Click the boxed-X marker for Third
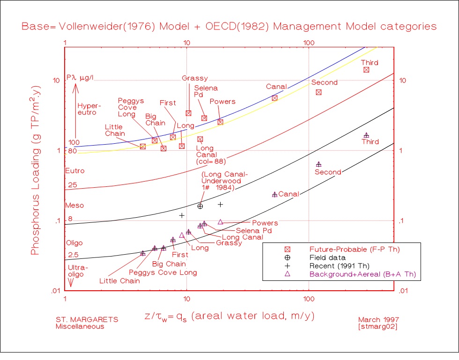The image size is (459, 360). [x=366, y=70]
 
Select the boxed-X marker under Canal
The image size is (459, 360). [x=274, y=98]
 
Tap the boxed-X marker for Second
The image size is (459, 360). [x=318, y=92]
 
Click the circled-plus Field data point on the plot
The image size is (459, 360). [x=200, y=206]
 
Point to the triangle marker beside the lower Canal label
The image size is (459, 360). [x=275, y=194]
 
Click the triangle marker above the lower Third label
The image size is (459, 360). [x=366, y=135]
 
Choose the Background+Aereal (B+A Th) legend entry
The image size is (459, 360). [x=363, y=274]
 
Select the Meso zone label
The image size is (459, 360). [x=74, y=205]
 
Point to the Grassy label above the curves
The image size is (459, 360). [x=195, y=78]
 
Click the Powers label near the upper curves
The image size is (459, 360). [x=222, y=102]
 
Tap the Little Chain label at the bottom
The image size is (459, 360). [x=119, y=281]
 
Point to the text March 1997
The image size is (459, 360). [x=377, y=319]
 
